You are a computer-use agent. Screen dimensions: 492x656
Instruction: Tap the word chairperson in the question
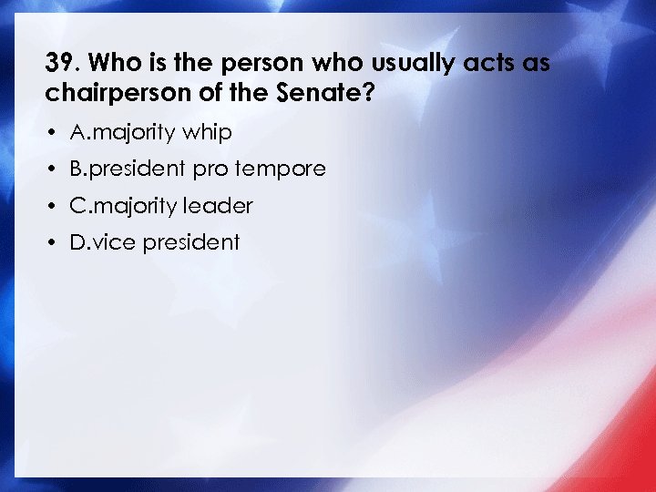[x=102, y=94]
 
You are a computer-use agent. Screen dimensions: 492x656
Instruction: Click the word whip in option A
[x=207, y=133]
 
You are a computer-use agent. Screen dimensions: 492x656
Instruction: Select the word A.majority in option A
[x=122, y=133]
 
